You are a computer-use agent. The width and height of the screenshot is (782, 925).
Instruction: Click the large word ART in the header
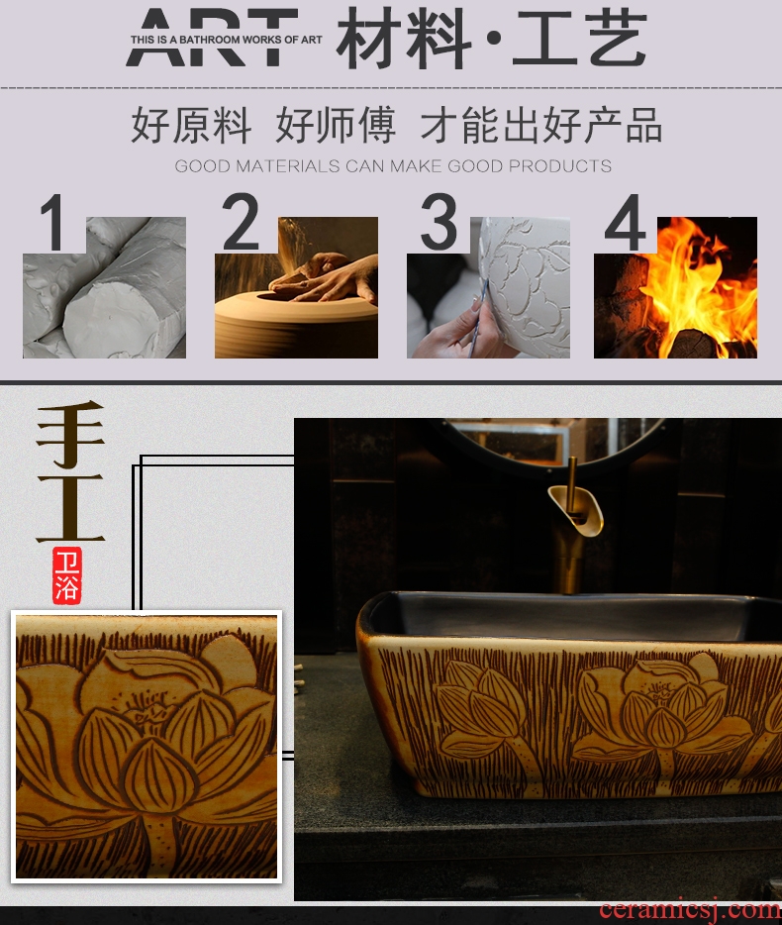click(x=211, y=37)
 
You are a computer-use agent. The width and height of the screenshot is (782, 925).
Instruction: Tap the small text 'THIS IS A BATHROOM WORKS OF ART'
click(x=227, y=40)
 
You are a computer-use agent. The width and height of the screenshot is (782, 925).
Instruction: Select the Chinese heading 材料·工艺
click(x=492, y=39)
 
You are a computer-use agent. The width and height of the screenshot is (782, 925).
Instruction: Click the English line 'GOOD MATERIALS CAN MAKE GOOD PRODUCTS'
click(x=393, y=165)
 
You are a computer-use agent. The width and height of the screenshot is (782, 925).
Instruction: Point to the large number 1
click(x=53, y=223)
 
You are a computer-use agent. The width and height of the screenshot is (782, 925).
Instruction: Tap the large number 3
click(x=439, y=222)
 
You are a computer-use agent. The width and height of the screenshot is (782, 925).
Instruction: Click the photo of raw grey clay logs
click(x=104, y=287)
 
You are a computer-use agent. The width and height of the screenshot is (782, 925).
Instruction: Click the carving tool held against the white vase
click(x=478, y=318)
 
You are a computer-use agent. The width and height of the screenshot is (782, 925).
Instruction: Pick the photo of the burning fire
click(x=675, y=287)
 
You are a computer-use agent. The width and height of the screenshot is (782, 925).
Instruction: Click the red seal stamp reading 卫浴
click(x=66, y=574)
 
